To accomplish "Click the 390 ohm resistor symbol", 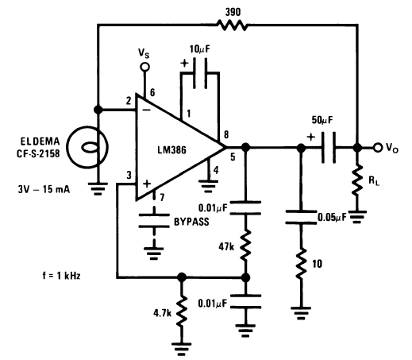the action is pyautogui.click(x=233, y=25).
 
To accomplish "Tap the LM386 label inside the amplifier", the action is pyautogui.click(x=172, y=150).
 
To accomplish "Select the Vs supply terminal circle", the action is pyautogui.click(x=144, y=67).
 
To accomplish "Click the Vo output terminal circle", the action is pyautogui.click(x=378, y=147).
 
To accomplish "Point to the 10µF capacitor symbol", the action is pyautogui.click(x=200, y=73).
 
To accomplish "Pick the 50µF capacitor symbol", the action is pyautogui.click(x=329, y=147).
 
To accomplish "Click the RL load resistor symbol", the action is pyautogui.click(x=357, y=180).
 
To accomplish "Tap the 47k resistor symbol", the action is pyautogui.click(x=245, y=245).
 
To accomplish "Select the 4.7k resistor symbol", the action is pyautogui.click(x=182, y=312).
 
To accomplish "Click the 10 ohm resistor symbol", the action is pyautogui.click(x=301, y=264).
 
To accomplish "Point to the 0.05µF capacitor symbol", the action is pyautogui.click(x=301, y=217).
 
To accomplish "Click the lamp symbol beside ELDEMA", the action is pyautogui.click(x=87, y=147).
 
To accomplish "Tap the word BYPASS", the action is pyautogui.click(x=191, y=222).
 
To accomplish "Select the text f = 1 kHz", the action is pyautogui.click(x=61, y=276).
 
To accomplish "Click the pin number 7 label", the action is pyautogui.click(x=162, y=197).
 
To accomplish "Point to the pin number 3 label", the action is pyautogui.click(x=129, y=175).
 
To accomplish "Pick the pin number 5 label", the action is pyautogui.click(x=233, y=157).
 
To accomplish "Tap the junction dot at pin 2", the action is pyautogui.click(x=98, y=110).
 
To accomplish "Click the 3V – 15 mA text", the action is pyautogui.click(x=44, y=189).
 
